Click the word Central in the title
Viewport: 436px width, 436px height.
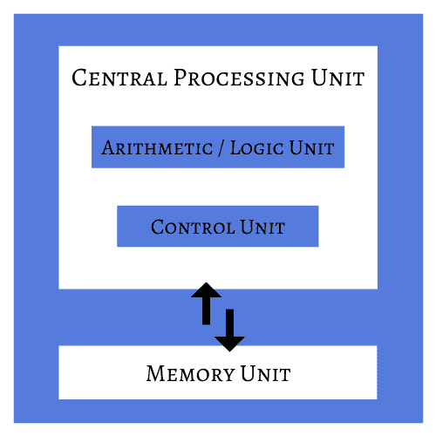point(119,78)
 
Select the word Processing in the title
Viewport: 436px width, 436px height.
point(239,78)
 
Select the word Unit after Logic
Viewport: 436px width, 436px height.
point(312,147)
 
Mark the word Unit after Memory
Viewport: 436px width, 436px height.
point(263,375)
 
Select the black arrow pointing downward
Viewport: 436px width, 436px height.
point(229,329)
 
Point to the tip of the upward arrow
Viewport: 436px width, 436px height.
point(207,283)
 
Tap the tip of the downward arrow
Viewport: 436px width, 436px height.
point(229,350)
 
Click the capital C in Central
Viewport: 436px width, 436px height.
point(79,78)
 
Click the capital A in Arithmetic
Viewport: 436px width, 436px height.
point(108,147)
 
